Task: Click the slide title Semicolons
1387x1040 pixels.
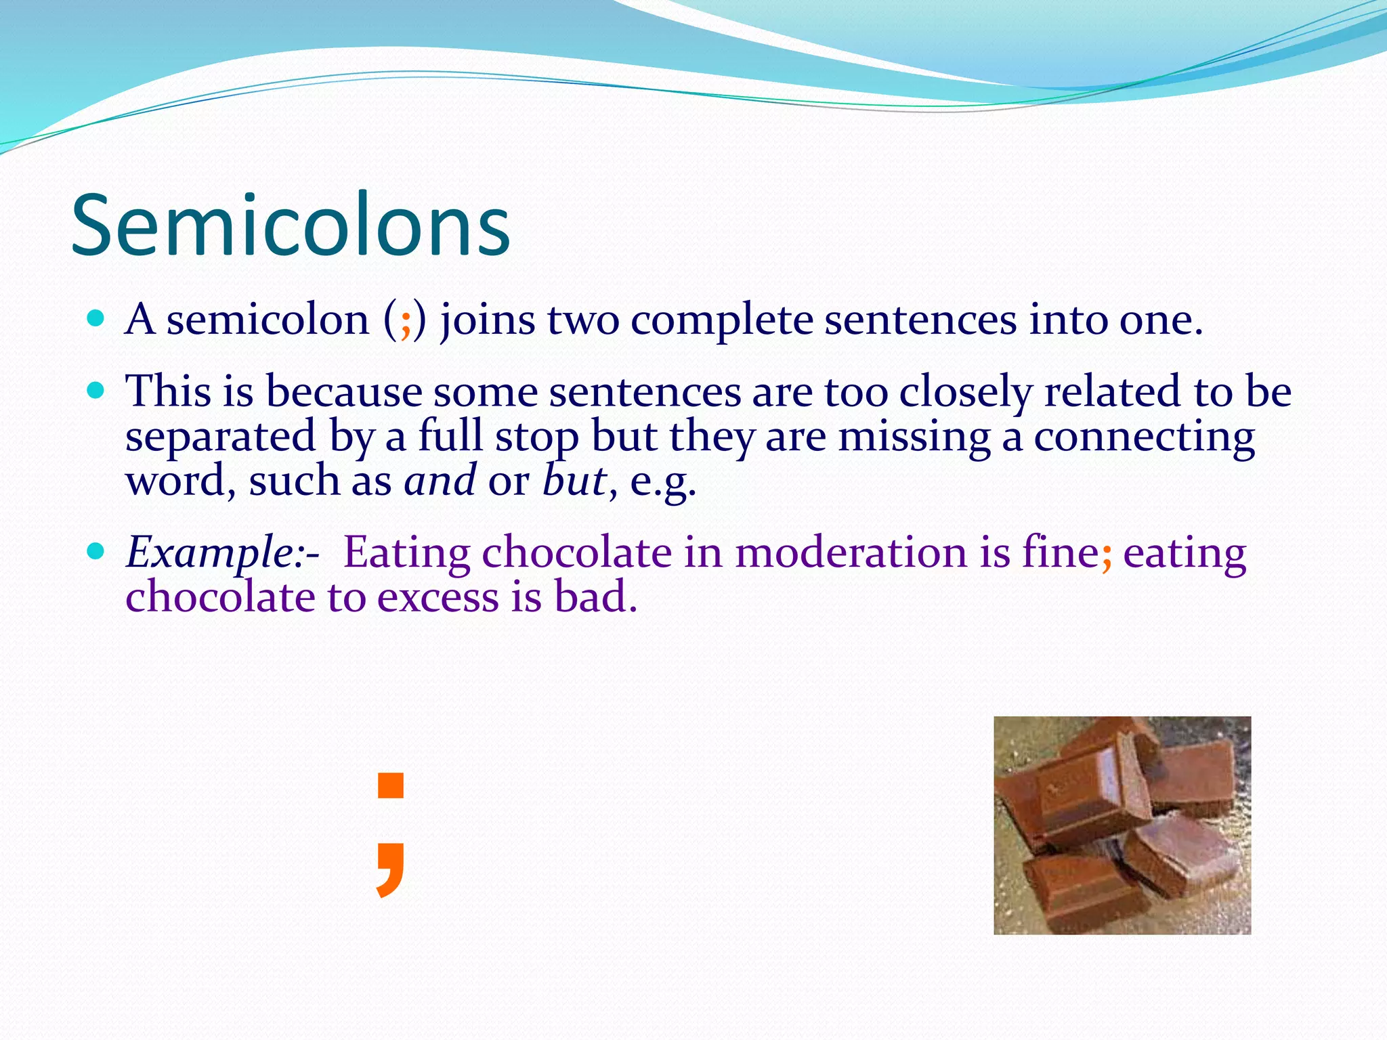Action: (x=290, y=226)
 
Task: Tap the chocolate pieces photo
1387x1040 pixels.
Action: (x=1122, y=825)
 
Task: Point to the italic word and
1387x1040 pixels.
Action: (x=440, y=481)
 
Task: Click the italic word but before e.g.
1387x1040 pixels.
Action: (x=574, y=481)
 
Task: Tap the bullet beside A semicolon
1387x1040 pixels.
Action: (x=95, y=318)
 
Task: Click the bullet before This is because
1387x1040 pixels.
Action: (x=95, y=390)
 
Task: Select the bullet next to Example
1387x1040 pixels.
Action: (x=95, y=550)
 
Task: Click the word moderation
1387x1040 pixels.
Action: (x=851, y=552)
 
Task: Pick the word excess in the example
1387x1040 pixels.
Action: (x=438, y=597)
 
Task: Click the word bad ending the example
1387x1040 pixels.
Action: (x=595, y=597)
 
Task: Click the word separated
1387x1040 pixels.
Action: (x=221, y=437)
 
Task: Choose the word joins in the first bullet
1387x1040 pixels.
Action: (x=488, y=320)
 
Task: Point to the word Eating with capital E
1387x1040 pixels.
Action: (x=406, y=552)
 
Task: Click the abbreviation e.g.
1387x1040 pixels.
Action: (x=662, y=482)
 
